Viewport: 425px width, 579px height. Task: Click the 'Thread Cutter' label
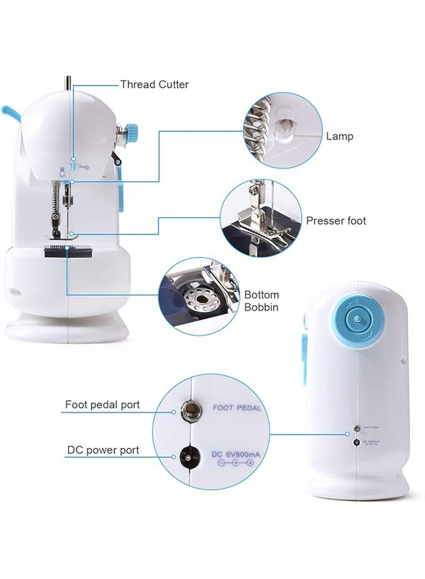(x=154, y=84)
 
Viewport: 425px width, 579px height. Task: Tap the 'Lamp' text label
(x=340, y=136)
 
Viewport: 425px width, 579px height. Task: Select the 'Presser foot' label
(x=336, y=221)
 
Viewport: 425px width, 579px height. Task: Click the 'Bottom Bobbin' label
(x=261, y=301)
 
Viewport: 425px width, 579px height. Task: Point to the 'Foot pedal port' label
(x=103, y=405)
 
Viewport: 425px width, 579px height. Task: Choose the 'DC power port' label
(x=103, y=450)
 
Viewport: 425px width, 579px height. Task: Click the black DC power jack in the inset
(x=187, y=455)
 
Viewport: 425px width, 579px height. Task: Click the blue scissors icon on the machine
(x=83, y=167)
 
